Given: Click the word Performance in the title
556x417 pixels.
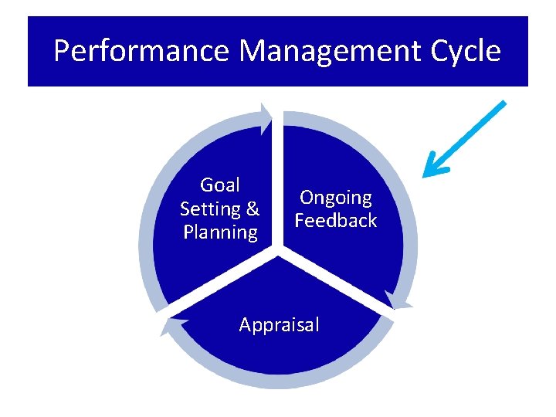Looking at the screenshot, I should pos(141,52).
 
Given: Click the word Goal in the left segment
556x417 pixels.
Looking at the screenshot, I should pos(220,185).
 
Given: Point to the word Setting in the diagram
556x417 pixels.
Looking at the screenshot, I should pos(210,208).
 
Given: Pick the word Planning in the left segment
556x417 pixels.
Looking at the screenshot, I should pos(220,232).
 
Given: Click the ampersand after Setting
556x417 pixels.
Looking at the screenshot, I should pos(253,208).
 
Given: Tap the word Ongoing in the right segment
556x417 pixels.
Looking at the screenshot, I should pos(336,198).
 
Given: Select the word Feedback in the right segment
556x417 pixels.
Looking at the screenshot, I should pos(336,221).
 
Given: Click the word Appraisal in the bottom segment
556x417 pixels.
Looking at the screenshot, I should pos(279,325).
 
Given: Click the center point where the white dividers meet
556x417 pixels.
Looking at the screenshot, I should pos(279,250).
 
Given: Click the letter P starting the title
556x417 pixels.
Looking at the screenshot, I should pos(63,52).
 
